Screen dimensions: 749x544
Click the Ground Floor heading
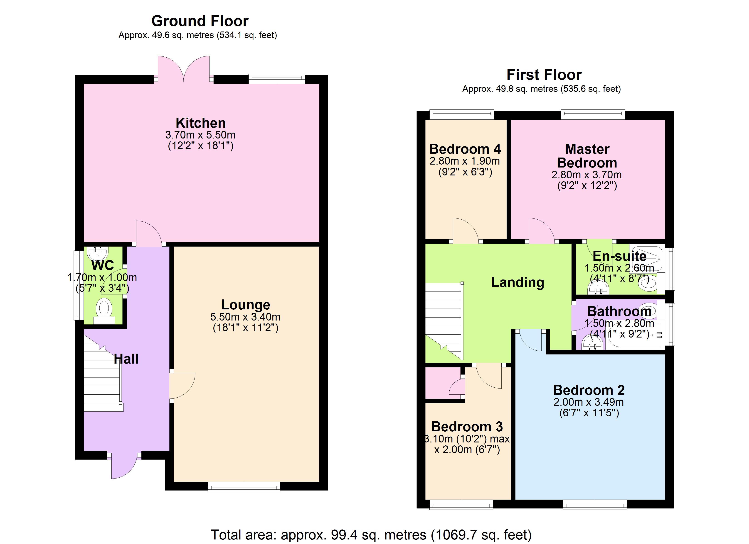(x=200, y=21)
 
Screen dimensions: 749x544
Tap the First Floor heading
(x=544, y=75)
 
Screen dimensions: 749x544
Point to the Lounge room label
(x=245, y=305)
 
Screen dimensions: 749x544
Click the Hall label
(x=126, y=359)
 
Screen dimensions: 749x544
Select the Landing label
(x=517, y=283)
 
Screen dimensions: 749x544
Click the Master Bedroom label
(x=587, y=156)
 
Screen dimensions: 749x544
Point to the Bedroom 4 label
(x=465, y=149)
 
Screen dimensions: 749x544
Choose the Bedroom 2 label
(x=589, y=390)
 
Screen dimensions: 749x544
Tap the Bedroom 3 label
(x=467, y=427)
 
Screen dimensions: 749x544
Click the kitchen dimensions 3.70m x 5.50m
(x=200, y=135)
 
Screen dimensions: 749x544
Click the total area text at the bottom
(x=371, y=535)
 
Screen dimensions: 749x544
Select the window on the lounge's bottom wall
(x=244, y=487)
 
